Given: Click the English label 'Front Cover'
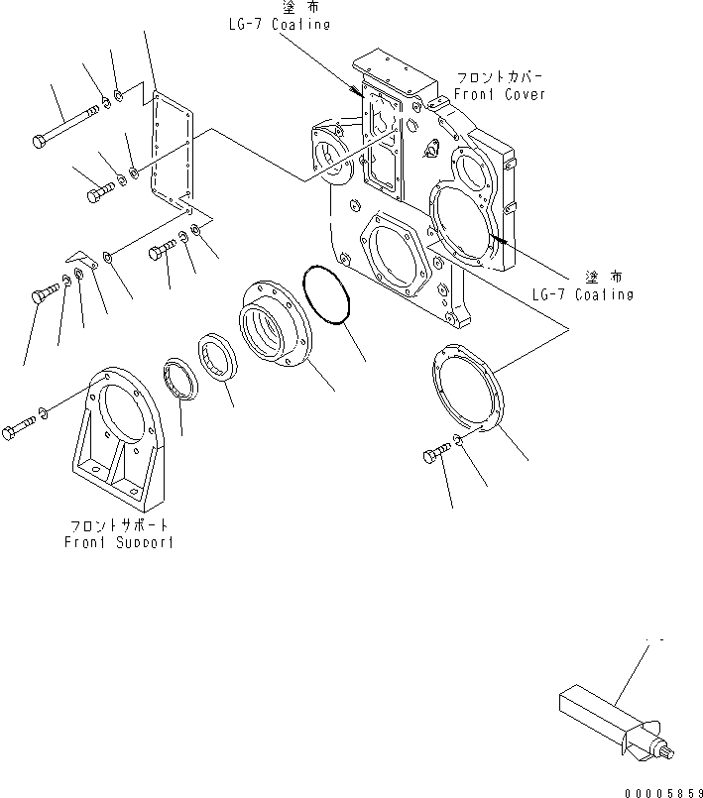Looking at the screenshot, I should click(x=499, y=94).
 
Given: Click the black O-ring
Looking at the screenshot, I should click(x=327, y=294).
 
